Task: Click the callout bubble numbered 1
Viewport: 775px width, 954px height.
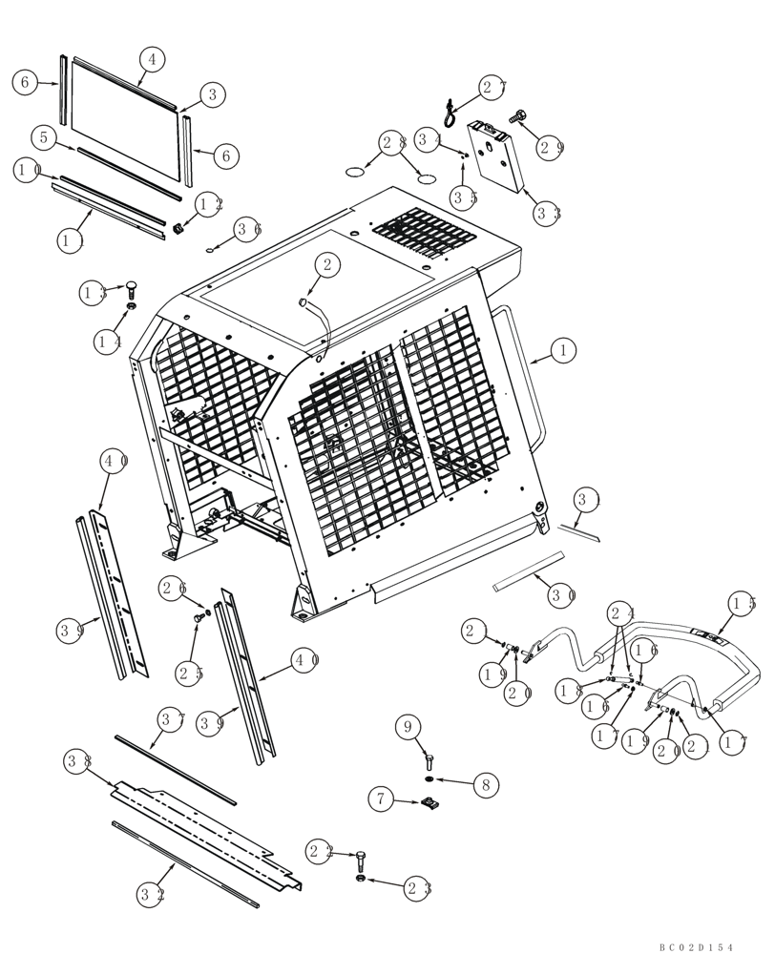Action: tap(563, 351)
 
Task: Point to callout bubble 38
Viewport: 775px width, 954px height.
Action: tap(78, 761)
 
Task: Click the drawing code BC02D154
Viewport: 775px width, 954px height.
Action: tap(696, 946)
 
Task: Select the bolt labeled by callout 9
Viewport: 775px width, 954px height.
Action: tap(429, 760)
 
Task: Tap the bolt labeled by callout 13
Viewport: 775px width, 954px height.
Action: tap(131, 288)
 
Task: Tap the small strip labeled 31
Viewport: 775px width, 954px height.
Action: tap(579, 530)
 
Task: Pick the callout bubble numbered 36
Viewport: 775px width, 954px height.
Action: tap(249, 229)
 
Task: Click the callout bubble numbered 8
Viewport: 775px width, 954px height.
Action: tap(485, 785)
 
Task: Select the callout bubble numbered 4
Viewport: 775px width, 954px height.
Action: tap(150, 58)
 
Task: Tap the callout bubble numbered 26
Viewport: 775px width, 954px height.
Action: tap(173, 590)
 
